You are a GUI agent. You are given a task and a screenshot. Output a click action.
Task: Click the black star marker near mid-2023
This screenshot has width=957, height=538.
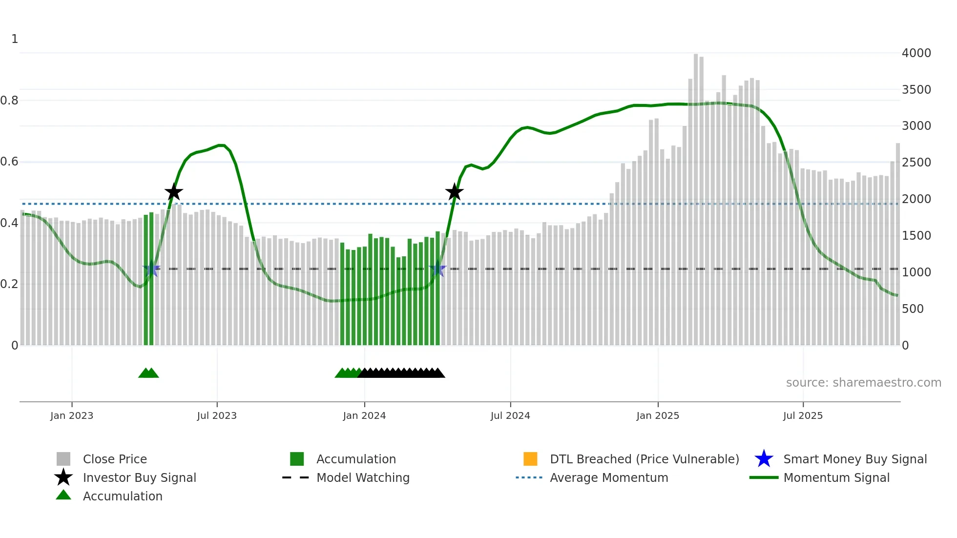(173, 192)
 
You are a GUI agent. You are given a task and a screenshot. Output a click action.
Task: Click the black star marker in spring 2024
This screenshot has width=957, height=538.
(454, 192)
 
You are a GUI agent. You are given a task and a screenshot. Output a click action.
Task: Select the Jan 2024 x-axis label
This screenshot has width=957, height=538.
(364, 415)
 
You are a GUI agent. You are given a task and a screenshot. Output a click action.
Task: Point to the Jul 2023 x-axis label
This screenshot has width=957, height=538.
(217, 415)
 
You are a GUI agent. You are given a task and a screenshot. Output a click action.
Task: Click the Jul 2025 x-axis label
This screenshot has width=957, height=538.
(803, 415)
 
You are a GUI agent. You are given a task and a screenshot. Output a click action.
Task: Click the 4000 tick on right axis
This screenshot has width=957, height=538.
(916, 53)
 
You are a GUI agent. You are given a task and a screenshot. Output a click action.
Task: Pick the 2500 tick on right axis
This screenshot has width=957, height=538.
(916, 162)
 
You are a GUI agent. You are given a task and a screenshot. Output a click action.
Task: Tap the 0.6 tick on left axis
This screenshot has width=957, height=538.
(9, 162)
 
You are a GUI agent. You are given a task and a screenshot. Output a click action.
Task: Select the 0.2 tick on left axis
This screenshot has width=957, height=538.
(9, 284)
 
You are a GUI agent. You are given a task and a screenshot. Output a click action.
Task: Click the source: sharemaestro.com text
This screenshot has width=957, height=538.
(863, 382)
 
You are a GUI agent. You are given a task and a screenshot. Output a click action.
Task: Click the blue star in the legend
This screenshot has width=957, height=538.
(764, 459)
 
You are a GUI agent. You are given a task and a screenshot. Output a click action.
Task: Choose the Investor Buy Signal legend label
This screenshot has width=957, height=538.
(140, 477)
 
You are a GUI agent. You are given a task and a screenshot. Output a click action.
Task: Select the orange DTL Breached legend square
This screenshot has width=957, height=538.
(530, 459)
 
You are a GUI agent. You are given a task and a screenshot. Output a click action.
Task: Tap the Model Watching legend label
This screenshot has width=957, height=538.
(363, 477)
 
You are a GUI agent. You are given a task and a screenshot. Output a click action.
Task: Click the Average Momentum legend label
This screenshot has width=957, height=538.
(609, 477)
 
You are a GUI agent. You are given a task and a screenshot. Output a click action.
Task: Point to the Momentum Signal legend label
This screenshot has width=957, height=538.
(836, 477)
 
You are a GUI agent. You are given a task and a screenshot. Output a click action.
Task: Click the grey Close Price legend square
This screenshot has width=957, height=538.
(63, 459)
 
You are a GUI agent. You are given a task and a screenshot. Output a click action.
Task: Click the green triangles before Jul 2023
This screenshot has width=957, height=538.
(148, 373)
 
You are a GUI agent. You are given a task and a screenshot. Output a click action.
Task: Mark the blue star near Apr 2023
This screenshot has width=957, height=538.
(151, 269)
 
